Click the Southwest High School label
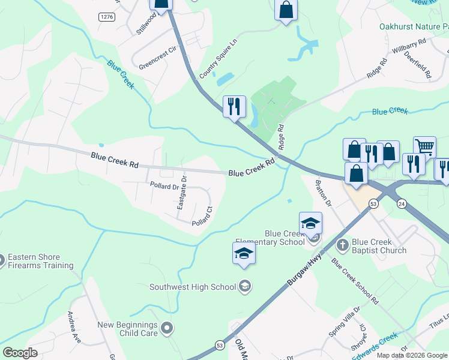193,287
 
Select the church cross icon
343,244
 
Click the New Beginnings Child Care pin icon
167,328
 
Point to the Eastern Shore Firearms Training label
40,261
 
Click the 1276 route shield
107,17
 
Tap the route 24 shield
400,204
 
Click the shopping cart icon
424,146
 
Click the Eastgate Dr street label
182,192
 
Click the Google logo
20,353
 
